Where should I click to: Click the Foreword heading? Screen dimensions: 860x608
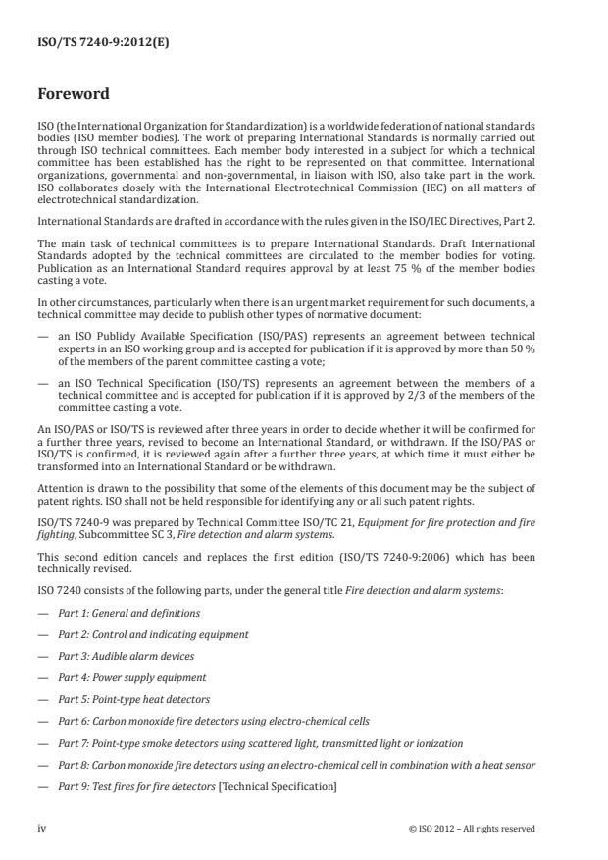(x=74, y=96)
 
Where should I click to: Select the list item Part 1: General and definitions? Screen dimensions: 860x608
(x=128, y=613)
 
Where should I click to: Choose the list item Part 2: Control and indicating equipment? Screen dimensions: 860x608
(x=153, y=634)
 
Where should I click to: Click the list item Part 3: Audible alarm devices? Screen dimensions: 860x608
(x=126, y=656)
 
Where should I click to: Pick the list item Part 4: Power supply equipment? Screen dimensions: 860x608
(x=131, y=677)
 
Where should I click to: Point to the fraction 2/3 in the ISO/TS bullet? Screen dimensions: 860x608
(x=436, y=395)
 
